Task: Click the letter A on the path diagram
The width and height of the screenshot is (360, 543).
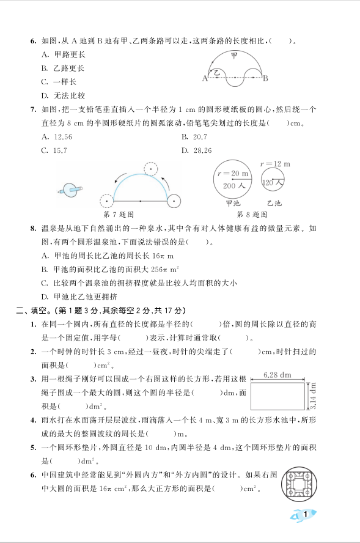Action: tap(204, 78)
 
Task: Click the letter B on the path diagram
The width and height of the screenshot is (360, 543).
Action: tap(266, 78)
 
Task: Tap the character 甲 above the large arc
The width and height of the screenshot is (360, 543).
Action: tap(234, 56)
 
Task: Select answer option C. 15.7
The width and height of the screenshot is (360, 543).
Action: tap(54, 150)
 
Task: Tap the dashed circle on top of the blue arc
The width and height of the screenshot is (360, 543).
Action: tap(150, 169)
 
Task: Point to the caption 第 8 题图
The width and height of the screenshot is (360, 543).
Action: tap(252, 215)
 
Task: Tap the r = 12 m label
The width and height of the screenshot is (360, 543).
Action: tap(274, 164)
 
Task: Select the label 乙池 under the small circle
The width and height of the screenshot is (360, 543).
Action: tap(274, 203)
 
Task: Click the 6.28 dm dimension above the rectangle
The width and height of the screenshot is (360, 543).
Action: tap(278, 374)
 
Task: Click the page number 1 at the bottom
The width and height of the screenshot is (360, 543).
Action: tap(305, 515)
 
